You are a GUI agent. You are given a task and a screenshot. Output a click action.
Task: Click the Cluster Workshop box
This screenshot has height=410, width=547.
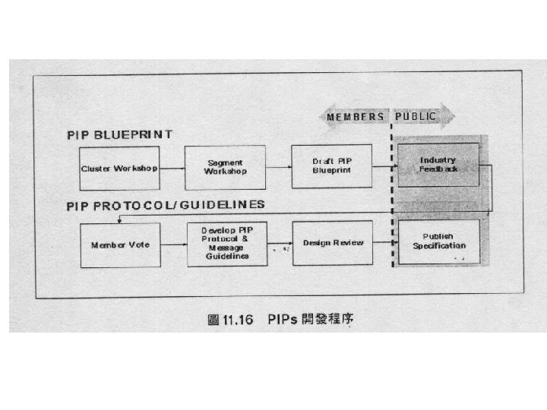119,168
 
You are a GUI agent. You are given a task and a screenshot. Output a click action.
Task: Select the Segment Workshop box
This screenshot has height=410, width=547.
225,167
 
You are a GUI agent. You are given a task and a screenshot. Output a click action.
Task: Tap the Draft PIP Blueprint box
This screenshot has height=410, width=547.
331,166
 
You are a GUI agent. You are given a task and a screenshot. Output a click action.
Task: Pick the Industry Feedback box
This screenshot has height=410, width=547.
438,164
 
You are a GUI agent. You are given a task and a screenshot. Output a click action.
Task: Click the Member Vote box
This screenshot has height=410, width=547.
120,244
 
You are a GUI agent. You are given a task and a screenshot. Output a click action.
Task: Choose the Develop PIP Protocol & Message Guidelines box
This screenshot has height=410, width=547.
226,244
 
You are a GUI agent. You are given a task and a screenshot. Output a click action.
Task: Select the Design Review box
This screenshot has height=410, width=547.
332,243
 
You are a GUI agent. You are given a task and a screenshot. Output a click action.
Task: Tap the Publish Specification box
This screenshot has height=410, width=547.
438,241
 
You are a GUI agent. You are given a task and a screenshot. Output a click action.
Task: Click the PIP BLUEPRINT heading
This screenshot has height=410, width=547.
119,134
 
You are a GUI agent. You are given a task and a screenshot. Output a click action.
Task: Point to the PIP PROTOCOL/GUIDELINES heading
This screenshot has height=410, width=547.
165,204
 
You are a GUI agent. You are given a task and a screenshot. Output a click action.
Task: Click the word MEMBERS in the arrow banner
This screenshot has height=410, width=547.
356,116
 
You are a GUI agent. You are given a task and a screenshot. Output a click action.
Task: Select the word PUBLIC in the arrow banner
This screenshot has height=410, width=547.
415,116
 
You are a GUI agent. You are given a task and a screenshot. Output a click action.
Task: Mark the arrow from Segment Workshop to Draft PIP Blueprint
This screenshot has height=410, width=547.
278,167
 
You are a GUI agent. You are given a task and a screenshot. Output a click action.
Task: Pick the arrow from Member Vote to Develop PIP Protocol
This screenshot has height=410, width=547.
172,244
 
